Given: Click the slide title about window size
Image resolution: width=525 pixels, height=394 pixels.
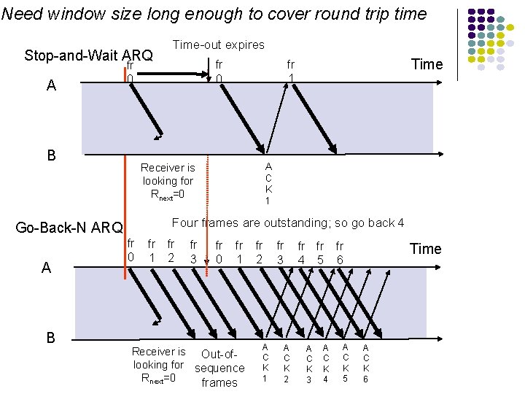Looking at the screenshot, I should click(x=214, y=13).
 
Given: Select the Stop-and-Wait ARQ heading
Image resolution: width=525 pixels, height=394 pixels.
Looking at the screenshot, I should click(x=88, y=55).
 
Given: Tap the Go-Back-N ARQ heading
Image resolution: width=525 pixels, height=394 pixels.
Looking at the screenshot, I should click(x=69, y=228).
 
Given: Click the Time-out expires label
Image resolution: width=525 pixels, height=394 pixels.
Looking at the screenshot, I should click(x=218, y=45).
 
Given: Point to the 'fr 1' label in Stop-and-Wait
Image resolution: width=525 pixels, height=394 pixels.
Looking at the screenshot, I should click(x=290, y=71).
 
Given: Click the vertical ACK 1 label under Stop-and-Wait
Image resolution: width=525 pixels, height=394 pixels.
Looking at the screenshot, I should click(x=268, y=184).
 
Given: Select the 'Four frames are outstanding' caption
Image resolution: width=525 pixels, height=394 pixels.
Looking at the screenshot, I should click(x=287, y=223).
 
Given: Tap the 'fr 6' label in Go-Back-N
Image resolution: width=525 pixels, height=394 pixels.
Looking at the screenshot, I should click(x=340, y=252).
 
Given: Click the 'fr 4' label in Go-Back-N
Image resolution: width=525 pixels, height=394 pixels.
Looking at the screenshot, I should click(x=301, y=252).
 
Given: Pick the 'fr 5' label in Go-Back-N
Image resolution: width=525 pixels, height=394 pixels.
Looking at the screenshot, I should click(x=320, y=252).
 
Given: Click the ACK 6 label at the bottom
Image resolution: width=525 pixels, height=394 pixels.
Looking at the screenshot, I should click(x=366, y=363).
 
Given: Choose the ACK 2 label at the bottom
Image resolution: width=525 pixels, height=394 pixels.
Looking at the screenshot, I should click(x=287, y=363).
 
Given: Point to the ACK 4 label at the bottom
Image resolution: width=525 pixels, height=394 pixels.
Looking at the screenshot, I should click(x=326, y=363).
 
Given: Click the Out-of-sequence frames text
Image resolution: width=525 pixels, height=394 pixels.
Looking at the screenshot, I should click(x=219, y=368).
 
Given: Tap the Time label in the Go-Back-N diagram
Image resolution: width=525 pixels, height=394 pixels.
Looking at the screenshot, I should click(x=426, y=249).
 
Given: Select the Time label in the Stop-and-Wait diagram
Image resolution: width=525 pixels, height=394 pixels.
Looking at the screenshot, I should click(x=427, y=64).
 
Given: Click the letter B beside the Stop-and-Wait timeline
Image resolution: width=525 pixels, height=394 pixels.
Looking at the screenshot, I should click(x=51, y=155).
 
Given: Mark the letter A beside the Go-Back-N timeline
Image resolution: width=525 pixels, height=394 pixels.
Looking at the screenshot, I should click(x=47, y=268).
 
